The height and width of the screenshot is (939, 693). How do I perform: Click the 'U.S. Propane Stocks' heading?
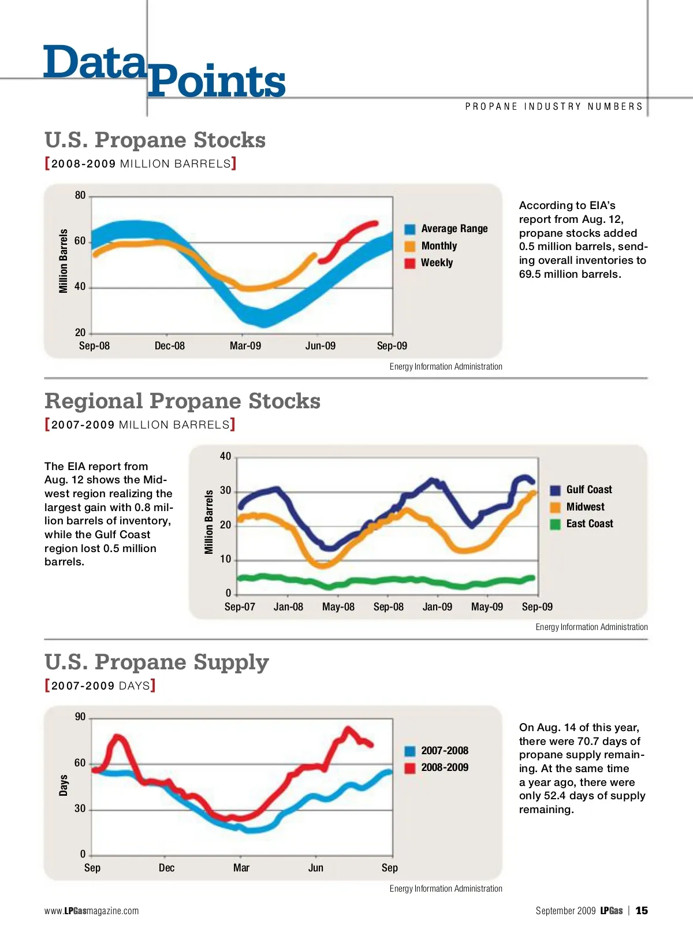[x=155, y=140]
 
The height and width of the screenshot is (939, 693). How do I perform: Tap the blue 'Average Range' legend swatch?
[x=410, y=229]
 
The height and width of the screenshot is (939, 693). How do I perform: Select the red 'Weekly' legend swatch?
[x=410, y=263]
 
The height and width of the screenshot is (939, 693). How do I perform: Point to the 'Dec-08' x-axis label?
[x=170, y=346]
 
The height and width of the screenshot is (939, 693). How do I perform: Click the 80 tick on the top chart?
[x=80, y=195]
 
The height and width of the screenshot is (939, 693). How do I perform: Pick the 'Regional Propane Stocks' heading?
[x=182, y=401]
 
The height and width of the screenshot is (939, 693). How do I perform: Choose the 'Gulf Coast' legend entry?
[x=588, y=490]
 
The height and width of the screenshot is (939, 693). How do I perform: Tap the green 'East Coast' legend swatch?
[x=556, y=524]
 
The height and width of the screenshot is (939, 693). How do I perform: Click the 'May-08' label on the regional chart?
[x=338, y=607]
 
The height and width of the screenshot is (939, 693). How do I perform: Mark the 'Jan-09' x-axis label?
[x=437, y=607]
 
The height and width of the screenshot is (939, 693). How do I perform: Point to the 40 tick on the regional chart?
[x=225, y=456]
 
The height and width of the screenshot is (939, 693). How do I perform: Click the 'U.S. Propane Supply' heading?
[x=157, y=662]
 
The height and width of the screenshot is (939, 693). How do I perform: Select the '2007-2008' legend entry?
[x=444, y=751]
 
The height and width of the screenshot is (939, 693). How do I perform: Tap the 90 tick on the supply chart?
[x=80, y=717]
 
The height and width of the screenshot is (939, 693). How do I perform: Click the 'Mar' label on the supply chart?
[x=241, y=868]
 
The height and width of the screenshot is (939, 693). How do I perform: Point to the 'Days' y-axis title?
[x=64, y=785]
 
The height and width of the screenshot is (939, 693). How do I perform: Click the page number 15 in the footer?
[x=642, y=911]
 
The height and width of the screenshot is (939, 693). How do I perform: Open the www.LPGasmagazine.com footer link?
[x=91, y=911]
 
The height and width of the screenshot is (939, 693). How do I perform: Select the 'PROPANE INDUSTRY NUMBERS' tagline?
[x=554, y=107]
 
